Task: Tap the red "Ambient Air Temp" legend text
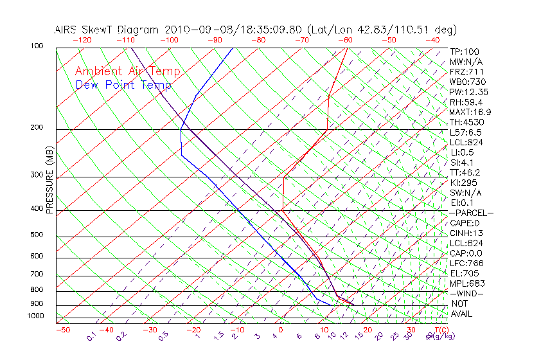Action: pos(127,71)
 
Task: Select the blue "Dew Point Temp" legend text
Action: pos(123,85)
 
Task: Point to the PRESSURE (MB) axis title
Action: pos(49,181)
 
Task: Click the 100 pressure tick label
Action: pos(37,46)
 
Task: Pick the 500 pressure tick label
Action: pos(37,235)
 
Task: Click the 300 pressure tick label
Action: pos(37,175)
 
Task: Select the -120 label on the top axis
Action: pos(82,40)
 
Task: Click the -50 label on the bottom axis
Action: pos(62,330)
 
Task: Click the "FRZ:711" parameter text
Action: pos(466,72)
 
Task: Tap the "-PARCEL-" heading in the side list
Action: pos(471,213)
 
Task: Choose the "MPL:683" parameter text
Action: pos(466,283)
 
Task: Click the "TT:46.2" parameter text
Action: pos(466,172)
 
